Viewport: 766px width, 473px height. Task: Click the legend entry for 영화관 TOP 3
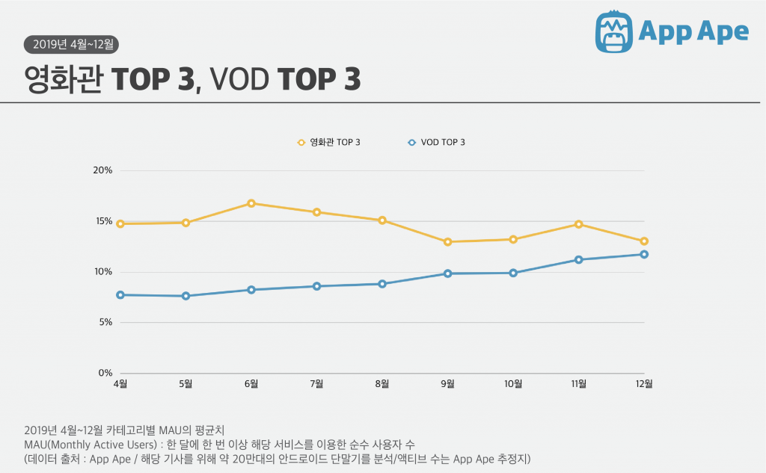click(x=329, y=141)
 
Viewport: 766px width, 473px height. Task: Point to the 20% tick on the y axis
click(x=102, y=170)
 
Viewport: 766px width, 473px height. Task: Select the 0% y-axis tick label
click(x=105, y=373)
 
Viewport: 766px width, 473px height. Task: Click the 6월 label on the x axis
click(x=251, y=385)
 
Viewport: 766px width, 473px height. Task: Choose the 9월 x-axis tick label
click(x=447, y=385)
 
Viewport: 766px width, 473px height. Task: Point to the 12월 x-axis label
click(x=643, y=385)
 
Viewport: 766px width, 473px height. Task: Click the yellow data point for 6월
click(x=251, y=203)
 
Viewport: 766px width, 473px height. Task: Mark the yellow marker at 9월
click(x=447, y=242)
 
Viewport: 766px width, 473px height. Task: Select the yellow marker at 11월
click(x=578, y=224)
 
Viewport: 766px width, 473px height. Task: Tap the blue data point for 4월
click(x=120, y=295)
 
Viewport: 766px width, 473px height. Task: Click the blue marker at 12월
click(x=643, y=255)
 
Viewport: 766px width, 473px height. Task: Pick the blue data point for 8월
click(x=382, y=284)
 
